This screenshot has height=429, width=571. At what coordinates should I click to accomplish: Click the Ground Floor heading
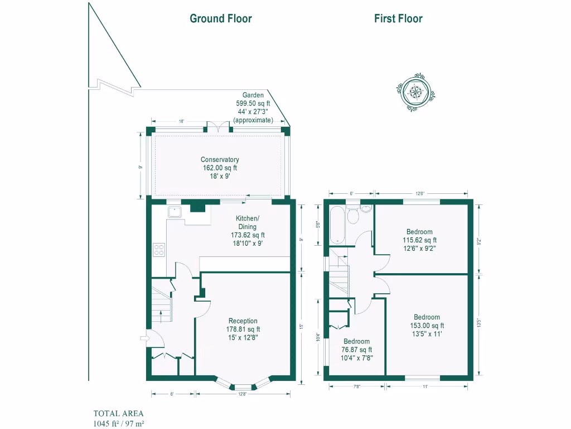pyautogui.click(x=221, y=18)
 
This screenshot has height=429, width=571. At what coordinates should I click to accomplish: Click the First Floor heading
pyautogui.click(x=398, y=18)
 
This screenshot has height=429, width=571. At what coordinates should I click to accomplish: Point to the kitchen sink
pyautogui.click(x=174, y=212)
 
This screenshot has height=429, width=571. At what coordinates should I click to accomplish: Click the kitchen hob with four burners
pyautogui.click(x=158, y=250)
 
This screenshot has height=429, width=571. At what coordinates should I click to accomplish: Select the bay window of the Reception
pyautogui.click(x=243, y=385)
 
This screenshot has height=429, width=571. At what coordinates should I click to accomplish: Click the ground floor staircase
pyautogui.click(x=161, y=307)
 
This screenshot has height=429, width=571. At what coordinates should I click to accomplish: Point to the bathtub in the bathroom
pyautogui.click(x=338, y=226)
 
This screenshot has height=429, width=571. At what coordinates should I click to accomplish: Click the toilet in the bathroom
pyautogui.click(x=365, y=209)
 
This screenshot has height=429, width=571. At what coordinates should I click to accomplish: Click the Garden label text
pyautogui.click(x=253, y=96)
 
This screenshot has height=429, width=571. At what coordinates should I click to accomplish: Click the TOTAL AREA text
pyautogui.click(x=118, y=414)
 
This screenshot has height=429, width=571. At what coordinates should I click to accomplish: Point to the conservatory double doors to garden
pyautogui.click(x=217, y=127)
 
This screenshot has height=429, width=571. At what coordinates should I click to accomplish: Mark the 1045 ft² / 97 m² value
pyautogui.click(x=119, y=423)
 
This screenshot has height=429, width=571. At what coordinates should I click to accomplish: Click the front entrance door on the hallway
pyautogui.click(x=145, y=337)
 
